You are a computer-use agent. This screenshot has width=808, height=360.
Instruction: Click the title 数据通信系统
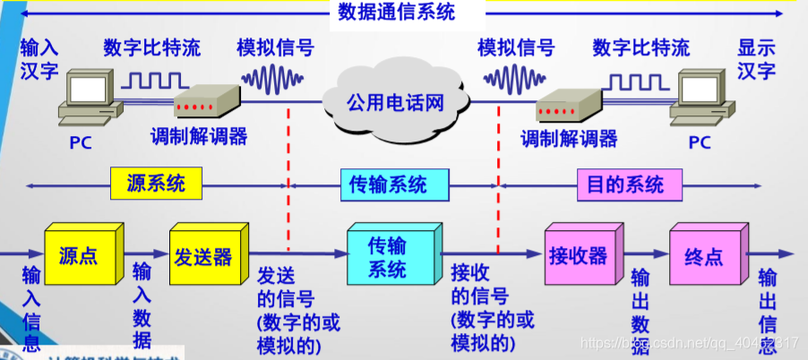point(396,13)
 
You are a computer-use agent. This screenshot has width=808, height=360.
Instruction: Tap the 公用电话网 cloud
point(395,101)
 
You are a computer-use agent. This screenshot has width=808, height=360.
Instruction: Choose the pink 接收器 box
point(578,257)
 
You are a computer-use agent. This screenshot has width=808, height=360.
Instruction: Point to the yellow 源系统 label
point(157,184)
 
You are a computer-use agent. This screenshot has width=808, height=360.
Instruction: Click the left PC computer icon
point(90,101)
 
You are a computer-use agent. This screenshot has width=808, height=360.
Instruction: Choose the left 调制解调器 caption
point(199,137)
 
